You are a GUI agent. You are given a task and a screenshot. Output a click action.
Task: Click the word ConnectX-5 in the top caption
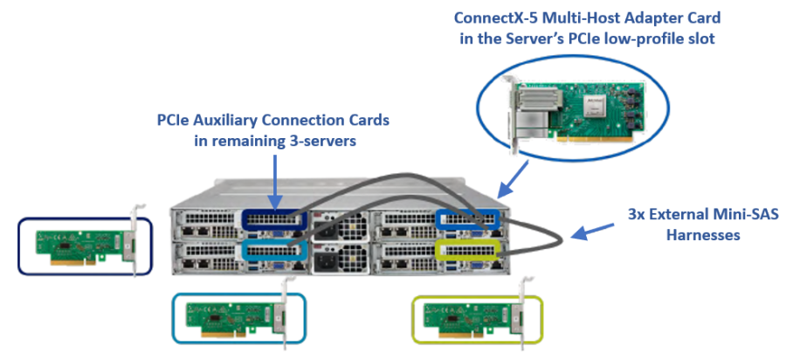coord(493,17)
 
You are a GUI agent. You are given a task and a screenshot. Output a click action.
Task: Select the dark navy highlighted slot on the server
coord(273,220)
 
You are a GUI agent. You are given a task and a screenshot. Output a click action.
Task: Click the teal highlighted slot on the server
coord(273,250)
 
